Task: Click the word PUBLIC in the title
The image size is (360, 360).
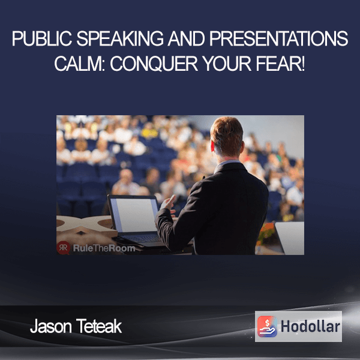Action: (42, 38)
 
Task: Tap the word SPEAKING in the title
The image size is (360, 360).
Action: (120, 38)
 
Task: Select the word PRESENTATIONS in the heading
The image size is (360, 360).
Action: (278, 38)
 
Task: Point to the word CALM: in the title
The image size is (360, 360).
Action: (80, 64)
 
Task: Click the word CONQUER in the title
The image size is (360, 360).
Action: (154, 64)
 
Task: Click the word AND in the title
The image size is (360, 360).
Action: (186, 38)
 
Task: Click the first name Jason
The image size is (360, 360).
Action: (51, 326)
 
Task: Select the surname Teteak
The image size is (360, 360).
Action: (99, 326)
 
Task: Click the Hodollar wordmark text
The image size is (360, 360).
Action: (310, 326)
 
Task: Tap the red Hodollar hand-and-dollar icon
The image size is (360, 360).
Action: (267, 326)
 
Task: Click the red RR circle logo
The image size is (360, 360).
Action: (64, 248)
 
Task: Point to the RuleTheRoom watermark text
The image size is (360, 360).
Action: (104, 248)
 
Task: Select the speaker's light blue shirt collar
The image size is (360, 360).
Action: (226, 164)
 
